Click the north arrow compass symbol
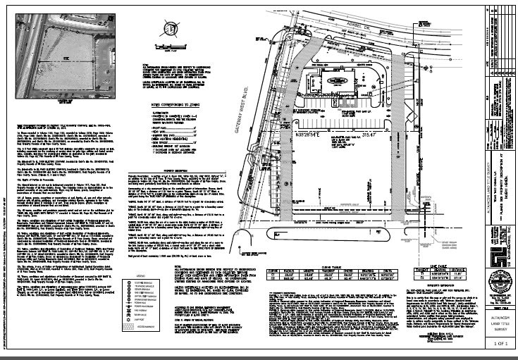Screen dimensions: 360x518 tap(168, 30)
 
